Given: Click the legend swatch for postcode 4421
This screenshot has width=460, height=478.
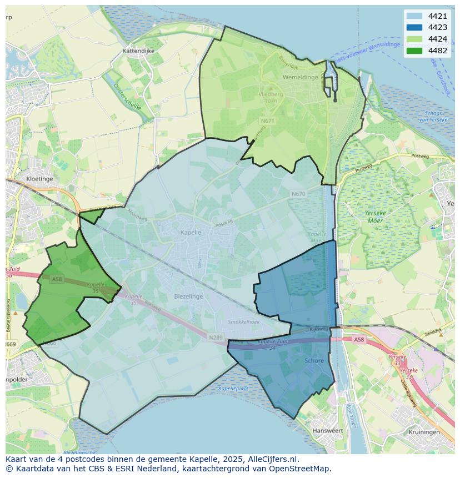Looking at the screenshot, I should (414, 16).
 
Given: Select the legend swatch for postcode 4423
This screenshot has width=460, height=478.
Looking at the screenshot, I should (414, 28).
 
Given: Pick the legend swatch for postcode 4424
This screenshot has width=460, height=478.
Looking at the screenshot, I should (414, 39).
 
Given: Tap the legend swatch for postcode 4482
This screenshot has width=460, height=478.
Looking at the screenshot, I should (414, 51).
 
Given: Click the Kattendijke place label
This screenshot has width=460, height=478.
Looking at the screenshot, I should (138, 51).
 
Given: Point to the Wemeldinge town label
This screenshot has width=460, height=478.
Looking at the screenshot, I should (300, 77).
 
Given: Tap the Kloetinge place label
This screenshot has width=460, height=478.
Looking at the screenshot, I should (39, 179).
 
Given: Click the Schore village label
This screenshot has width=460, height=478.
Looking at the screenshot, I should (314, 361).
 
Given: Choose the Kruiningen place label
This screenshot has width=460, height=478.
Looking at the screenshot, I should (423, 432).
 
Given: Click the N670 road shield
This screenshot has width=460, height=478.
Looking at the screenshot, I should (298, 194).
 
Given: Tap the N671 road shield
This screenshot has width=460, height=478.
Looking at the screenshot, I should (267, 120).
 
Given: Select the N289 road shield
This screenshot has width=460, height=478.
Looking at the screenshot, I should (216, 337).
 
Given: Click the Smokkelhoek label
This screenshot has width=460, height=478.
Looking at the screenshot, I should (244, 322).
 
